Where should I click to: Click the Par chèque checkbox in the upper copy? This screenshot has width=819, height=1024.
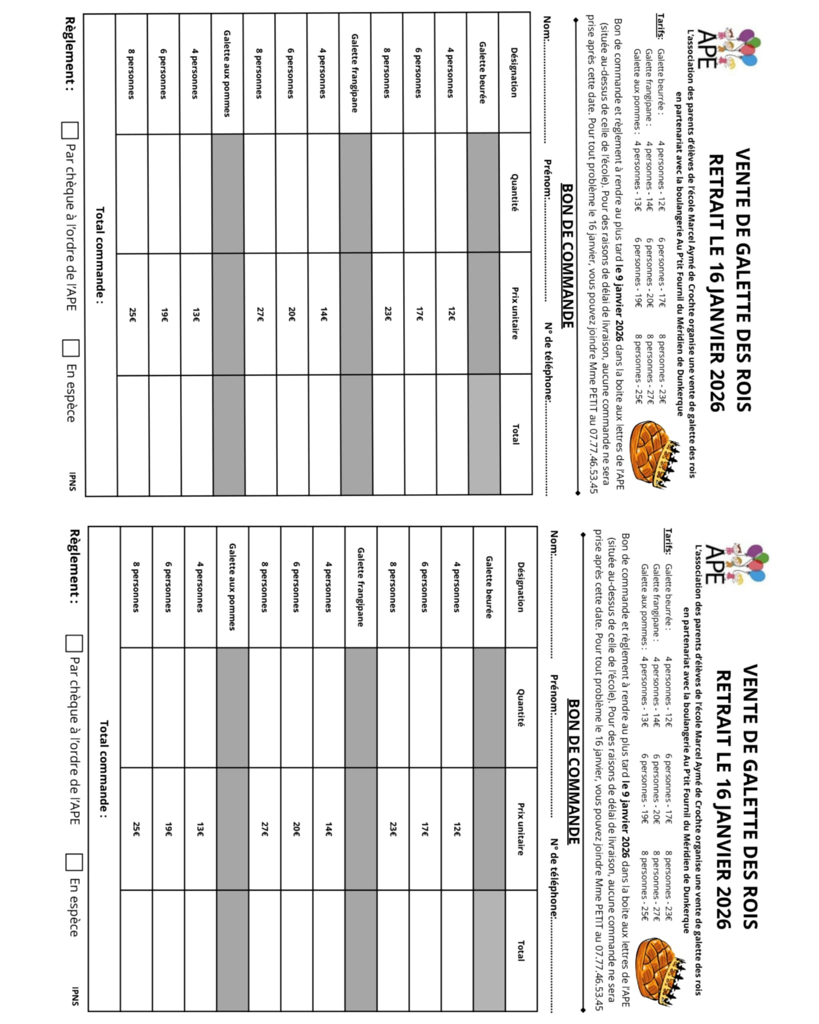coord(70,130)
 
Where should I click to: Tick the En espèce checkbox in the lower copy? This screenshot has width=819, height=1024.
coord(74,861)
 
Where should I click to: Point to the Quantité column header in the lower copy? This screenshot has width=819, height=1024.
coord(520,707)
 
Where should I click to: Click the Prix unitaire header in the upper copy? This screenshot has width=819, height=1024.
coord(514,313)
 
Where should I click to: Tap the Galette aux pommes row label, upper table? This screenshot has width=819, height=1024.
coord(227,73)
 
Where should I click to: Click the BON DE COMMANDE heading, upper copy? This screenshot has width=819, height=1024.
coord(567,255)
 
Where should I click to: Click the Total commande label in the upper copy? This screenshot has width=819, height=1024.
coord(100,255)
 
